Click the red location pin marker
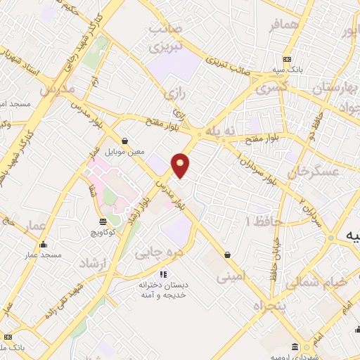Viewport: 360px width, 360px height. coord(181,165)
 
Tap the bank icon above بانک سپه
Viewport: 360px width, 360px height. coord(287,59)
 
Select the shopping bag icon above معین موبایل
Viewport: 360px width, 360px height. coord(124,140)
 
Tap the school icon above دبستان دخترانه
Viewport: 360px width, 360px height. coord(163,274)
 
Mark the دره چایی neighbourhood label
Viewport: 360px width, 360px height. coord(151,250)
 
